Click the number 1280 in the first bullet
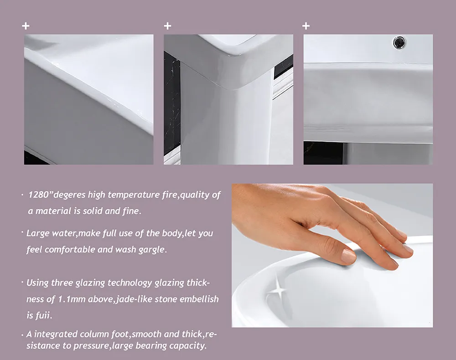click(x=39, y=195)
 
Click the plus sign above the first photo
click(x=26, y=26)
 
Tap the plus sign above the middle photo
click(x=167, y=26)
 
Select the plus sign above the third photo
click(x=306, y=26)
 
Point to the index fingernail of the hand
click(x=349, y=256)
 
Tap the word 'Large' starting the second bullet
click(x=37, y=233)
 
